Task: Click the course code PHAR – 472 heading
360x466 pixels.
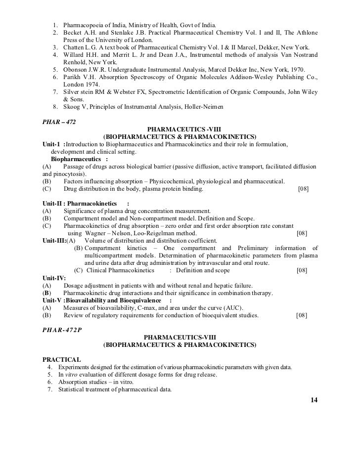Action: click(59, 121)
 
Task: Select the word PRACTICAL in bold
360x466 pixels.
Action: click(62, 359)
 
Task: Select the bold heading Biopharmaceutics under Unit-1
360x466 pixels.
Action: click(75, 159)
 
